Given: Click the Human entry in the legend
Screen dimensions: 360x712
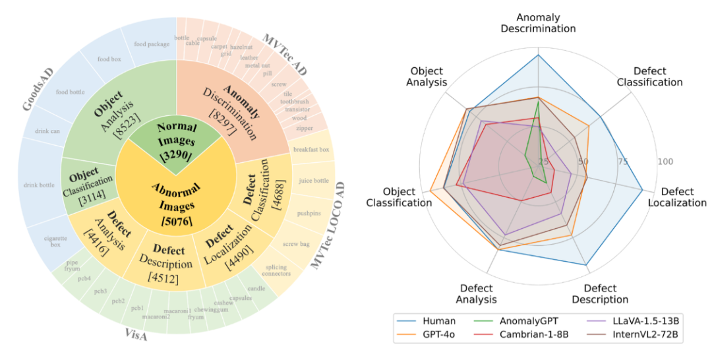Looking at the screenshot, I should pos(433,320).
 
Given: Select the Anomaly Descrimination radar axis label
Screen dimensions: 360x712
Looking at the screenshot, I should pos(537,22).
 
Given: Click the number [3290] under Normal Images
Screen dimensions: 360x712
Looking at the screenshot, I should pos(178,156).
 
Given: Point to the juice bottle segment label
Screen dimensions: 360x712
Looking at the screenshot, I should pos(313,181).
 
